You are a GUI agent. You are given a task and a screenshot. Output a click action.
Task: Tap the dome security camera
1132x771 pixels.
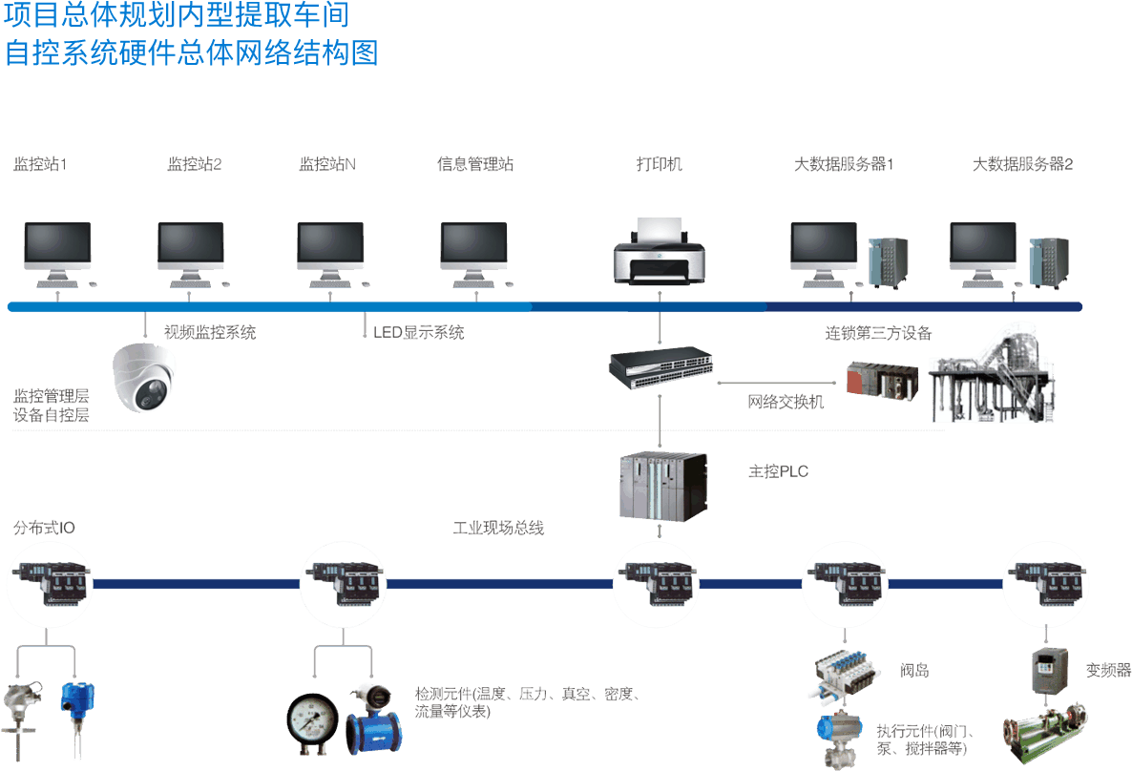[x=145, y=378]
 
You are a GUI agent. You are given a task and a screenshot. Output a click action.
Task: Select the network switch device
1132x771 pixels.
[x=661, y=368]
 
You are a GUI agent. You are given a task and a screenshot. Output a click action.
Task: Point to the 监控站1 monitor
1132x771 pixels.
[x=57, y=250]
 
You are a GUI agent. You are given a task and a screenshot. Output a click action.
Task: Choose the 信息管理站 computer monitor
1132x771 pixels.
[x=473, y=250]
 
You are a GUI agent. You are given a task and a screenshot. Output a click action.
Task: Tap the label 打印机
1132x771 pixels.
[x=660, y=164]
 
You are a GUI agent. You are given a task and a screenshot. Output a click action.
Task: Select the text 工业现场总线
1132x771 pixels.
[x=498, y=528]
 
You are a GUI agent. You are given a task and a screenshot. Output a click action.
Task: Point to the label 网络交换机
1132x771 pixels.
[x=786, y=402]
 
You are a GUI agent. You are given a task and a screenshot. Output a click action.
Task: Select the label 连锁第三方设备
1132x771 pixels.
[x=878, y=333]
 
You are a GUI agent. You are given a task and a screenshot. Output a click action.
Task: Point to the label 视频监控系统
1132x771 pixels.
[x=210, y=333]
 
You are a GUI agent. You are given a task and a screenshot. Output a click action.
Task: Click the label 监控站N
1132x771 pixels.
[x=327, y=164]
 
